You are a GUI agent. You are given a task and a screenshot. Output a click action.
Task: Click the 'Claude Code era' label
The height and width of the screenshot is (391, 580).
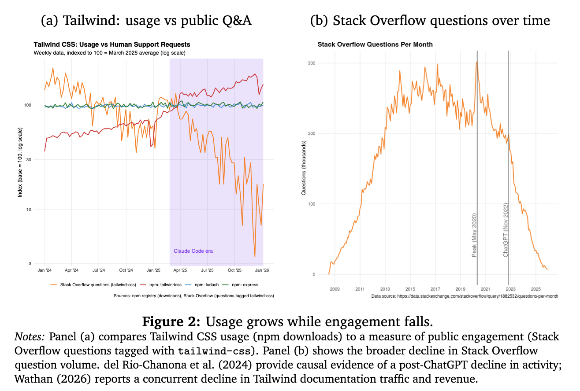point(193,251)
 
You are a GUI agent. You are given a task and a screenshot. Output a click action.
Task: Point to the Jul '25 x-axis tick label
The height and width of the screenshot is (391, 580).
point(207,270)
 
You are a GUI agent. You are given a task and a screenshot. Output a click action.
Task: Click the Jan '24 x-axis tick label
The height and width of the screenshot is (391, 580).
point(45,270)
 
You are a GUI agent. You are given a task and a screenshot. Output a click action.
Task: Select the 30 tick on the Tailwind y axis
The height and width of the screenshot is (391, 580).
point(39,160)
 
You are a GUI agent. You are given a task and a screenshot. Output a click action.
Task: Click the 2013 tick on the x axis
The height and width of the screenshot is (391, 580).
point(385,289)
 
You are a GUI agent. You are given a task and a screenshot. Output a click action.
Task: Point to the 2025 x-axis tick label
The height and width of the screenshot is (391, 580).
point(535,289)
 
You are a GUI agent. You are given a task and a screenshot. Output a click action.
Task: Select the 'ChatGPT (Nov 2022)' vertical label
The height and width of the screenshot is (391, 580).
point(506,230)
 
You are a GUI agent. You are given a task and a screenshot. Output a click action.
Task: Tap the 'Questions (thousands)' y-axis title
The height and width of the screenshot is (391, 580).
point(304,168)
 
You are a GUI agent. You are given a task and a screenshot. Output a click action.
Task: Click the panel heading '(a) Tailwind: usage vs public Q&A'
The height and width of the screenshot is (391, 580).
point(146,21)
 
